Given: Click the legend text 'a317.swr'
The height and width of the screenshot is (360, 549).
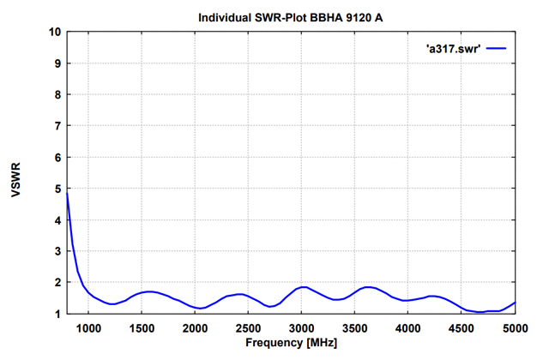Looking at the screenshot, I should pyautogui.click(x=453, y=49).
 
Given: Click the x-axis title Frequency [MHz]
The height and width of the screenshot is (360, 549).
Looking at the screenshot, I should pyautogui.click(x=291, y=343).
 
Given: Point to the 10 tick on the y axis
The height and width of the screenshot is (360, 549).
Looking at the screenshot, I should pyautogui.click(x=55, y=32).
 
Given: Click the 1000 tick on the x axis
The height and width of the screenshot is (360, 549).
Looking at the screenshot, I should pyautogui.click(x=88, y=327).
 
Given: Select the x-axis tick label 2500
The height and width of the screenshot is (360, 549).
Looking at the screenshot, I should pyautogui.click(x=248, y=327).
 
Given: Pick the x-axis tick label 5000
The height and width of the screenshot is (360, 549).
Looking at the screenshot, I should pyautogui.click(x=515, y=327).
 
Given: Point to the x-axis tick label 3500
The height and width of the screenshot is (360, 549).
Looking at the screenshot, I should pyautogui.click(x=354, y=327).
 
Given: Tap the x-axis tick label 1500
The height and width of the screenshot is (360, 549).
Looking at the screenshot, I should pyautogui.click(x=142, y=327).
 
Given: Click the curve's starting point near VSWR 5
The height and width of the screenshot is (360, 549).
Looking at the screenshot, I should pyautogui.click(x=67, y=193).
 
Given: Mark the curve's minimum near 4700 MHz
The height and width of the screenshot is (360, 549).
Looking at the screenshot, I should pyautogui.click(x=481, y=312).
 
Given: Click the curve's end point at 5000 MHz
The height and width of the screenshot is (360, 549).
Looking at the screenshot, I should pyautogui.click(x=515, y=302).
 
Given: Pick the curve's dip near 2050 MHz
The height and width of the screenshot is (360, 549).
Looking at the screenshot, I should pyautogui.click(x=201, y=308).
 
